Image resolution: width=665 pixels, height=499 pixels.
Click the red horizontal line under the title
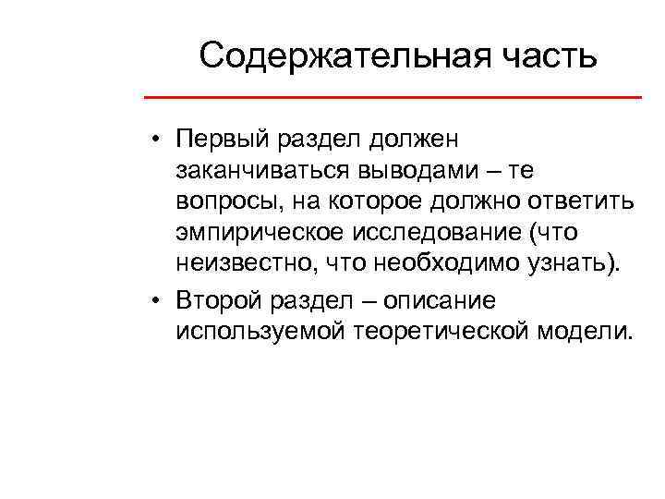[x=393, y=97]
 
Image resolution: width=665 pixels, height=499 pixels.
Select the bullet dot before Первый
[x=160, y=140]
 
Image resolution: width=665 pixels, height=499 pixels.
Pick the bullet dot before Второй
[x=160, y=301]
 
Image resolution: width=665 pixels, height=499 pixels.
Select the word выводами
[x=425, y=171]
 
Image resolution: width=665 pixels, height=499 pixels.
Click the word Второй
[x=218, y=300]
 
